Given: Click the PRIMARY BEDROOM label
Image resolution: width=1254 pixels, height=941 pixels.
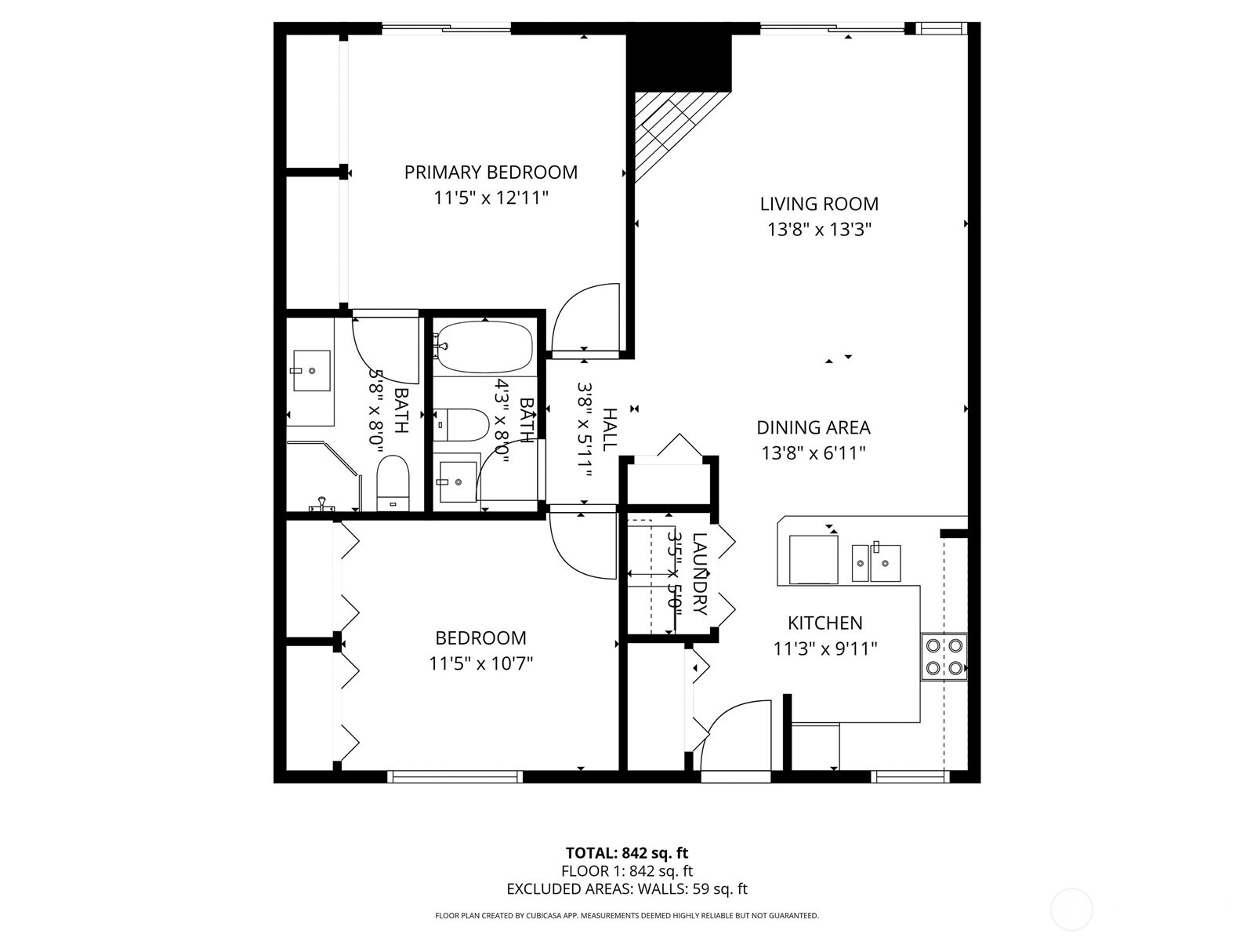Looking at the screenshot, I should pos(491,173).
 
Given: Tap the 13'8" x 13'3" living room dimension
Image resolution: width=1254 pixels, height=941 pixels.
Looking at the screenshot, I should pos(819,230).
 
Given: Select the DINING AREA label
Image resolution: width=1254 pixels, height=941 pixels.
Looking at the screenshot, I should pos(813,427).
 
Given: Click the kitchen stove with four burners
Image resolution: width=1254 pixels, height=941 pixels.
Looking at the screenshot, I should pos(944,656).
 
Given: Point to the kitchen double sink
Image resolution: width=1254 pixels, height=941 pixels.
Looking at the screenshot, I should pos(876,562).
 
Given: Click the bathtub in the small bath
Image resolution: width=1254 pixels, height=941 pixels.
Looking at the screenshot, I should pos(484,347).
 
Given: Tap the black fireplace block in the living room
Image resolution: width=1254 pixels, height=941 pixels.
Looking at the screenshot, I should pos(679,63).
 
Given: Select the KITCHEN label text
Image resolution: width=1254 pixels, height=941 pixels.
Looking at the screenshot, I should pos(825,623).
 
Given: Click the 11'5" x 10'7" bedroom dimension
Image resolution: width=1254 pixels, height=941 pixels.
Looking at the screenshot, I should pos(480,663).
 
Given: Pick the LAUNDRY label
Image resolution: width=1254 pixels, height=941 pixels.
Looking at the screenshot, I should pos(700,574).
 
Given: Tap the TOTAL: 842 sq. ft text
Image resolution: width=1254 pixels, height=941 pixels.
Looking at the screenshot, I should pos(626,852).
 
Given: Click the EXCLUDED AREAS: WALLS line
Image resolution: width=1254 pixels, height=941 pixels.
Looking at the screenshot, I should pos(626,888).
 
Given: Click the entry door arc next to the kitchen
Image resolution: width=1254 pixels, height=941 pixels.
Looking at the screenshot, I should pos(733,733).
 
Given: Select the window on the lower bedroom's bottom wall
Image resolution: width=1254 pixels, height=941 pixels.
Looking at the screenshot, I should pos(455,776).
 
